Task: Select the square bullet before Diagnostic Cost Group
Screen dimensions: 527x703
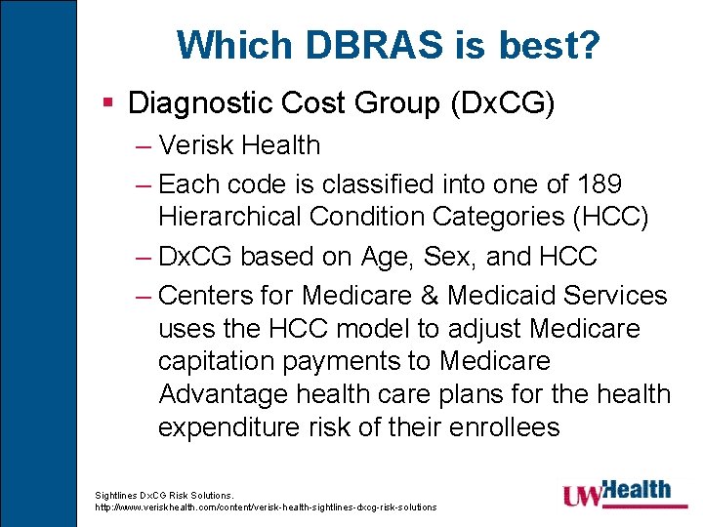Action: point(109,101)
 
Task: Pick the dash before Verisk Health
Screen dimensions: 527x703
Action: point(143,145)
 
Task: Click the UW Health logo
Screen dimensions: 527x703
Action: point(616,494)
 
